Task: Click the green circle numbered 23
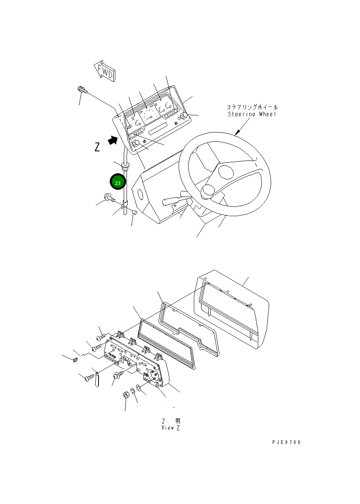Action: coord(118,183)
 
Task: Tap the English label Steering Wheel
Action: coord(252,114)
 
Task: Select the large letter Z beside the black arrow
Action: coord(97,147)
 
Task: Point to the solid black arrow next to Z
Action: coord(113,140)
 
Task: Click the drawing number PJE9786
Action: coord(286,442)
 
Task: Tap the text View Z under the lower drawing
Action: coord(171,428)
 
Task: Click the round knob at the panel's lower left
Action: coord(136,143)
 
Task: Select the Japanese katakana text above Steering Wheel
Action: coord(252,107)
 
